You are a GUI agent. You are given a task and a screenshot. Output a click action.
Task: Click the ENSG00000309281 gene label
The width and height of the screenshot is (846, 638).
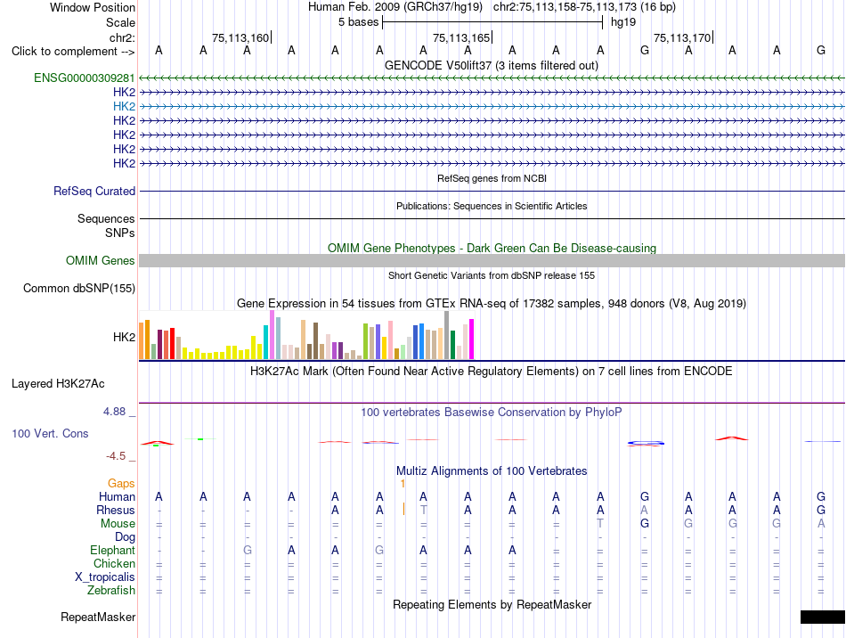85,78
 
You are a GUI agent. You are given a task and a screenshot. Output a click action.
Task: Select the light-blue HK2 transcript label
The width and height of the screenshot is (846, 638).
124,106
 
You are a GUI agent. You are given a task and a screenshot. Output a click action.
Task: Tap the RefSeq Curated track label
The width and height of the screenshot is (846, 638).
94,191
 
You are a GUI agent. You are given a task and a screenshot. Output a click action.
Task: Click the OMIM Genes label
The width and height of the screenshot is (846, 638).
101,261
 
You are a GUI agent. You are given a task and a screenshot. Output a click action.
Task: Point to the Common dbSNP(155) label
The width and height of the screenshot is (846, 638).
79,288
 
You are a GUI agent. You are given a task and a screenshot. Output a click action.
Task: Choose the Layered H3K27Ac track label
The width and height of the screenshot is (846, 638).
58,384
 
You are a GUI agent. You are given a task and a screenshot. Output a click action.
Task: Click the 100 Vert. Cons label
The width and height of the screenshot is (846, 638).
50,433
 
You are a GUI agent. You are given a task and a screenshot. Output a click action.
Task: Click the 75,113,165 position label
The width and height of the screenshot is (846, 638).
461,37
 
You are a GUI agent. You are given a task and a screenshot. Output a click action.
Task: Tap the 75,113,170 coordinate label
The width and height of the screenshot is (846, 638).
682,37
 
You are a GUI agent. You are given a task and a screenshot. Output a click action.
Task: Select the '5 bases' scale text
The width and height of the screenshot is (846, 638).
358,22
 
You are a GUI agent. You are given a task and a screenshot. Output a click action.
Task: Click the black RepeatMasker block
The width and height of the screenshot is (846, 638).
823,617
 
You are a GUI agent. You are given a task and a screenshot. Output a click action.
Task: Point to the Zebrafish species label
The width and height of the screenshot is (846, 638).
111,591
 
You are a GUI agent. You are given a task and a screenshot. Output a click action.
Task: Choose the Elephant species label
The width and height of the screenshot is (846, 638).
113,551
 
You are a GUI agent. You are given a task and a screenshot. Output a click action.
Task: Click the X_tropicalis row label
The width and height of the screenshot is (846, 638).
105,577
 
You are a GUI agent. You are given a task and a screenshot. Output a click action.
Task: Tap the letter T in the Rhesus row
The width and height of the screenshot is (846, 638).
424,510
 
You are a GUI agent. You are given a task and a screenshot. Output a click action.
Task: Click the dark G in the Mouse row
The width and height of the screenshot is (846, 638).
644,524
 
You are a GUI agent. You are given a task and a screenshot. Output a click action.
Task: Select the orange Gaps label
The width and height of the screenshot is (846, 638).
121,484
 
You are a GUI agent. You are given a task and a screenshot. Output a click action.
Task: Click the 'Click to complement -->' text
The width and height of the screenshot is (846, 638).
73,52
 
